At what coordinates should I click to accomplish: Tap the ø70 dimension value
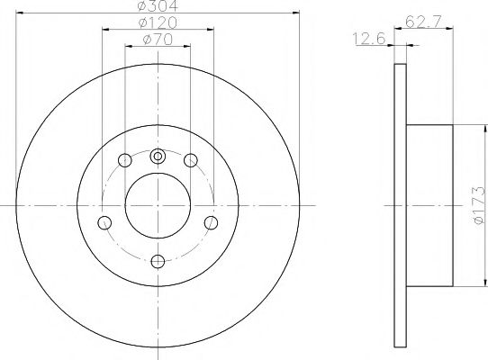coord(158,41)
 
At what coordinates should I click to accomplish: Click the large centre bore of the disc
coord(158,205)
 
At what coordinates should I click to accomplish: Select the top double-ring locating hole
coord(158,157)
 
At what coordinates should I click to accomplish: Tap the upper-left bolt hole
coord(125,161)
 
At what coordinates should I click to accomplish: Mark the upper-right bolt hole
coord(191,161)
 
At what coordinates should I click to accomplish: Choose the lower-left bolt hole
coord(105,222)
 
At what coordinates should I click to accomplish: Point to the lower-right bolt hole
coord(211,222)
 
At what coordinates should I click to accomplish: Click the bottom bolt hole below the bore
coord(158,261)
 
